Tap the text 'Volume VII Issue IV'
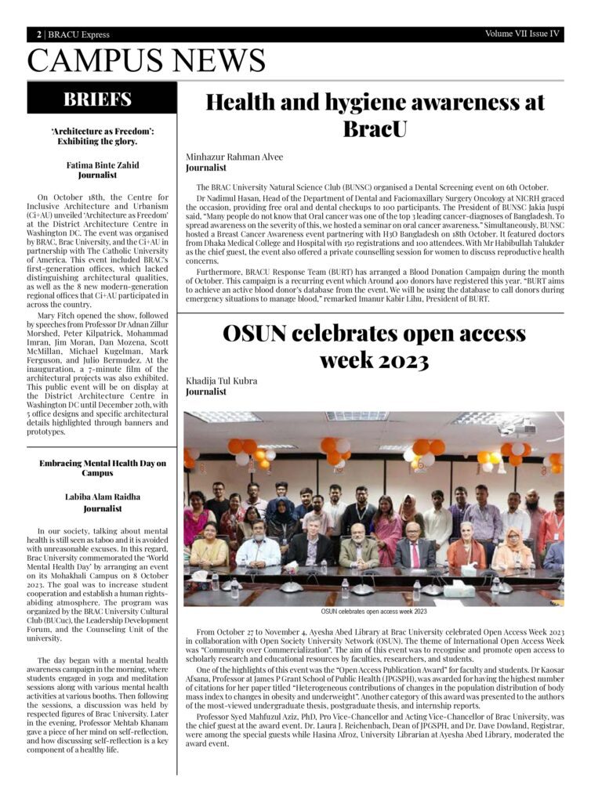tap(522, 34)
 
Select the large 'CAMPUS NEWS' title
tap(146, 60)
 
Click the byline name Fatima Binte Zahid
tap(101, 165)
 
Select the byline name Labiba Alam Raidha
tap(102, 497)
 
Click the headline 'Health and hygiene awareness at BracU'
tap(375, 114)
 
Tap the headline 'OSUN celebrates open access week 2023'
tap(375, 346)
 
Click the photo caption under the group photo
tap(374, 611)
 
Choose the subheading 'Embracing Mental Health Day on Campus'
tap(102, 468)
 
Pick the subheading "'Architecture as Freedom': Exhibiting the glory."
tap(102, 136)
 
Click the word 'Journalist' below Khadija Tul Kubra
tap(206, 392)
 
